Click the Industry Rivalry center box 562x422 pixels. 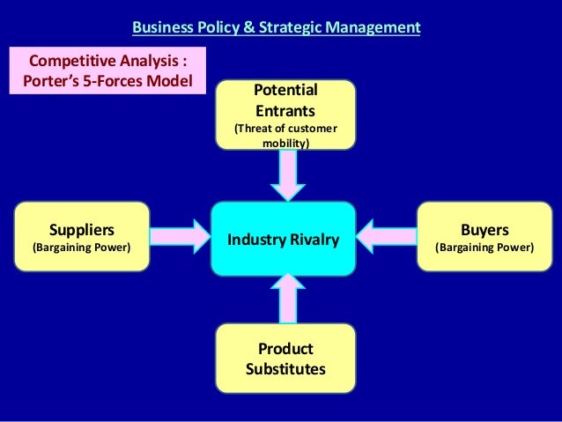pyautogui.click(x=282, y=238)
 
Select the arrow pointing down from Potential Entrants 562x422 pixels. pyautogui.click(x=287, y=174)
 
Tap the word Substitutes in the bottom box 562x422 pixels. pyautogui.click(x=285, y=366)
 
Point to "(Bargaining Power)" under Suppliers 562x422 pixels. pyautogui.click(x=81, y=248)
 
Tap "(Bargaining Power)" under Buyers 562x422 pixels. pyautogui.click(x=484, y=248)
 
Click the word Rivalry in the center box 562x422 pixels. pyautogui.click(x=314, y=238)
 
